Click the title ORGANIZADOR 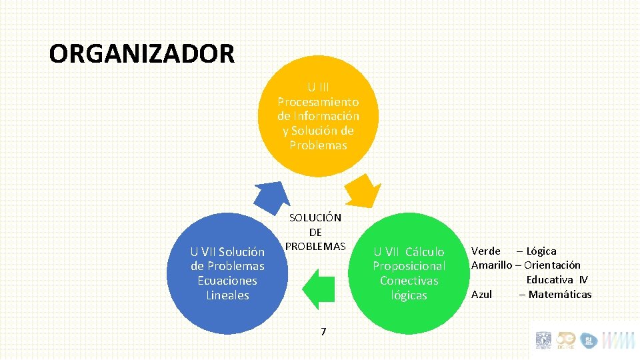tap(141, 53)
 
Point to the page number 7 tap(323, 331)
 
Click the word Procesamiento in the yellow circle tap(318, 102)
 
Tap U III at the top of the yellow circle tap(318, 87)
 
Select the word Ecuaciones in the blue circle tap(227, 281)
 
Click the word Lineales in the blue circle tap(227, 295)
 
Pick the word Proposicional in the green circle tap(409, 266)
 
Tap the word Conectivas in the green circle tap(409, 281)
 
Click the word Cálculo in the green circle tap(424, 251)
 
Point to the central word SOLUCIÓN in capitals tap(315, 217)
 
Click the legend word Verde tap(486, 251)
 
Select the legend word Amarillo tap(492, 265)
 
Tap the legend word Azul tap(481, 294)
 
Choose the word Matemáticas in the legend tap(559, 294)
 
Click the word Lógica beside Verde tap(541, 251)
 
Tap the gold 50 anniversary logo tap(565, 341)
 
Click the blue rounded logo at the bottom tap(589, 341)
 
